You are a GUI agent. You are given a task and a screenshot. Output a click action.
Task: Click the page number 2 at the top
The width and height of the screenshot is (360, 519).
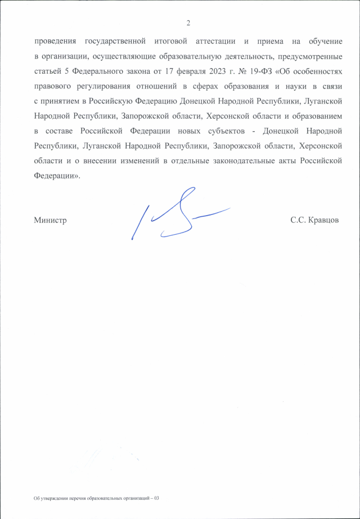coord(189,23)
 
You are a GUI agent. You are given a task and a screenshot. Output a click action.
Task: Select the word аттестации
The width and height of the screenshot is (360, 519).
coord(213,42)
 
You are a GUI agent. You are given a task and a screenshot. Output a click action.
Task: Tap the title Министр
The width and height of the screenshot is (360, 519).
coord(50,220)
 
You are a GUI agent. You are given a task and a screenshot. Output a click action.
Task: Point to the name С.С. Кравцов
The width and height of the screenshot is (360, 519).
coord(314,220)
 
